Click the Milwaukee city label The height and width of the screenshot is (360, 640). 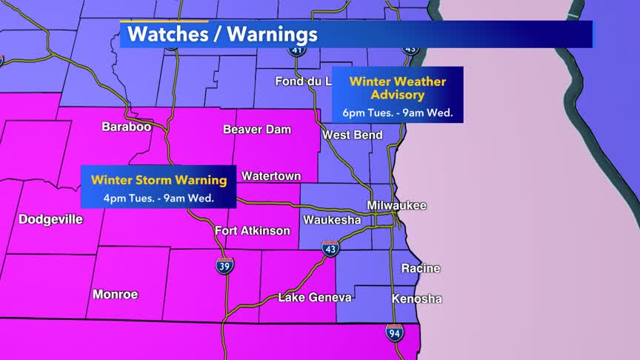tap(396, 205)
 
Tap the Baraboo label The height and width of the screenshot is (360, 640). tap(126, 127)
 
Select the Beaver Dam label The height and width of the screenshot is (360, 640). tap(257, 130)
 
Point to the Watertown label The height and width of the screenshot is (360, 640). tap(271, 176)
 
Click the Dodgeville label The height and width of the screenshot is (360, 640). tap(50, 219)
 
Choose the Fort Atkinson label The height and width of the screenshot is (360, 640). tap(252, 231)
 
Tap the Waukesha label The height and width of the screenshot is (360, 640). tap(332, 221)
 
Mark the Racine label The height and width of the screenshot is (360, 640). tap(420, 268)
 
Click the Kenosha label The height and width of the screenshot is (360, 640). tap(416, 299)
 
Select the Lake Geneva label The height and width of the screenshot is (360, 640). tap(315, 298)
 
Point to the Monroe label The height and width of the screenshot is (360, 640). tap(116, 294)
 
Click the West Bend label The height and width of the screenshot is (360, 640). tap(353, 135)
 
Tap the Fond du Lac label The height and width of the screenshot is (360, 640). tap(303, 81)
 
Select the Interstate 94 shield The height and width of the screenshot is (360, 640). tap(395, 333)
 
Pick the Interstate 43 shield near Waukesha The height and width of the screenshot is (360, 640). tap(330, 250)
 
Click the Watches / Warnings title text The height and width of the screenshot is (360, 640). tap(222, 34)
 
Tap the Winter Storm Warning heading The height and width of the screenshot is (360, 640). tap(159, 179)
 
